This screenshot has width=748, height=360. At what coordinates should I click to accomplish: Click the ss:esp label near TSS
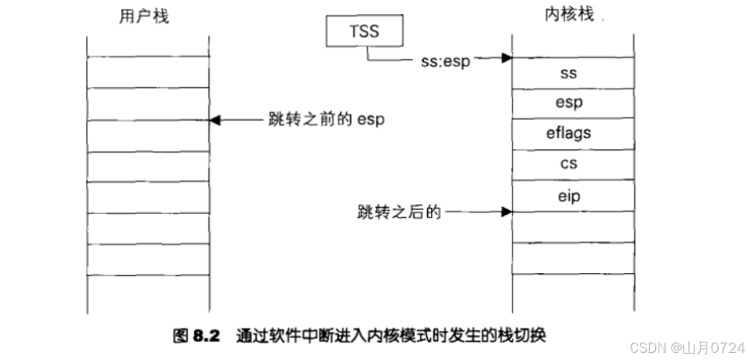tap(445, 60)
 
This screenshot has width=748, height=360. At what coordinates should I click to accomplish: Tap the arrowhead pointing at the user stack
tap(213, 120)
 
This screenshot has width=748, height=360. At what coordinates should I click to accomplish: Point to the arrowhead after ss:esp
tap(505, 58)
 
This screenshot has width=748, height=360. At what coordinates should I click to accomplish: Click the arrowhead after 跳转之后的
tap(505, 212)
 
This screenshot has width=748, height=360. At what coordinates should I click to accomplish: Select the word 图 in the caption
tap(180, 336)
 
